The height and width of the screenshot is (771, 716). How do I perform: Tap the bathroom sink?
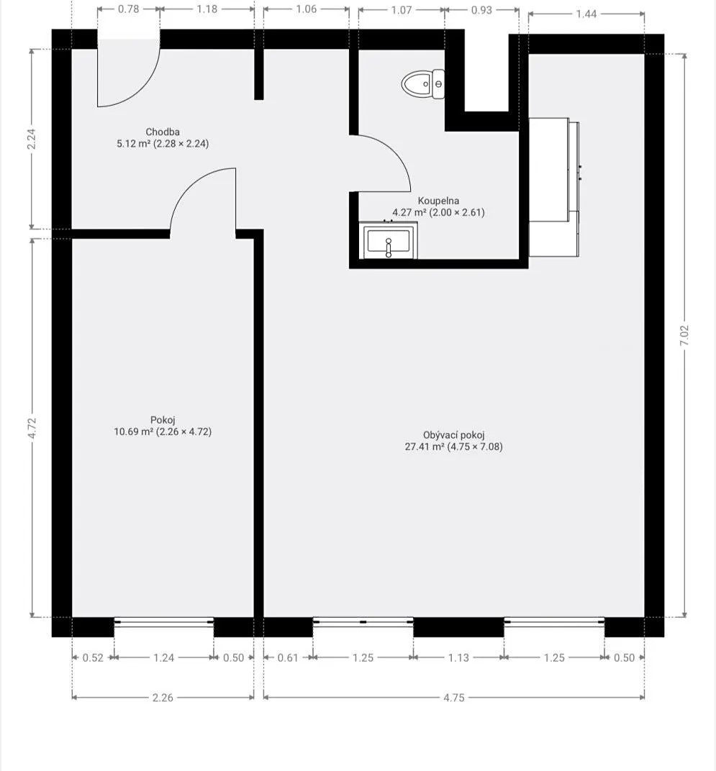click(389, 241)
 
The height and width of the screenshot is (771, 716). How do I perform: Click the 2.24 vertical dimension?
click(31, 140)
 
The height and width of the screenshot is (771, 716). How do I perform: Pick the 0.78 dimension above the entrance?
click(128, 9)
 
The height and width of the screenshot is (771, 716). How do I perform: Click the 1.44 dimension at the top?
click(586, 14)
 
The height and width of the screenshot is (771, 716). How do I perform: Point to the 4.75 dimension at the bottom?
click(453, 697)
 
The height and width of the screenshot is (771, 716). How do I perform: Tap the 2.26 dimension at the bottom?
click(163, 697)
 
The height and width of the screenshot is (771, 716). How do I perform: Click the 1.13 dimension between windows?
click(458, 657)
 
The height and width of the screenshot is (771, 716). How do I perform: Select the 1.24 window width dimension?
click(164, 657)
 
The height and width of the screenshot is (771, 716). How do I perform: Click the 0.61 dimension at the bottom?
click(289, 657)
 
